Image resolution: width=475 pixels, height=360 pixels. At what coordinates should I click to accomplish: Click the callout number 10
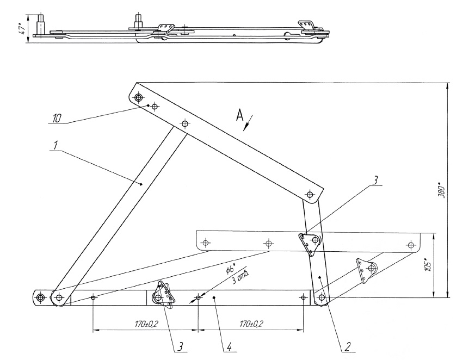point(57,117)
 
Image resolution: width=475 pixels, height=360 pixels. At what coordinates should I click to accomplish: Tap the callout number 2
point(348,346)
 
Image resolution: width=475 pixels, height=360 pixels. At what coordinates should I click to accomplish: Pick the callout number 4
point(229,346)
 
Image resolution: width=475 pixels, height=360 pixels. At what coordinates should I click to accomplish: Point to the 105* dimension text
point(428,264)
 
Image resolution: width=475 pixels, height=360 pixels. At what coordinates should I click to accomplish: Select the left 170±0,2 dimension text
point(146,324)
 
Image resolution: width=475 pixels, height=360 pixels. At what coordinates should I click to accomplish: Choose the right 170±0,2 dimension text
point(251,324)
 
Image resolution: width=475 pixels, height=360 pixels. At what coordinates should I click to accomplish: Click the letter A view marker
point(239,115)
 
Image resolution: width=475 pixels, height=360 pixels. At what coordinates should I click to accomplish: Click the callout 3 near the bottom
point(180,346)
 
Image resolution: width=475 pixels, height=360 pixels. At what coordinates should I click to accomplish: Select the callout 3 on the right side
point(374,181)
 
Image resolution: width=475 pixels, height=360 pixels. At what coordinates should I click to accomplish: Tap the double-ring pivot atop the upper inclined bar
point(139,97)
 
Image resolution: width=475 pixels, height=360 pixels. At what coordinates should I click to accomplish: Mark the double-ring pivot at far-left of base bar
point(40,298)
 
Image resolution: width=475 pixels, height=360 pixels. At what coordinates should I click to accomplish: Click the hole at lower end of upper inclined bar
point(310,194)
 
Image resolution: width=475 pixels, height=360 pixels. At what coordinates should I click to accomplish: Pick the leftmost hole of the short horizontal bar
point(206,243)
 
